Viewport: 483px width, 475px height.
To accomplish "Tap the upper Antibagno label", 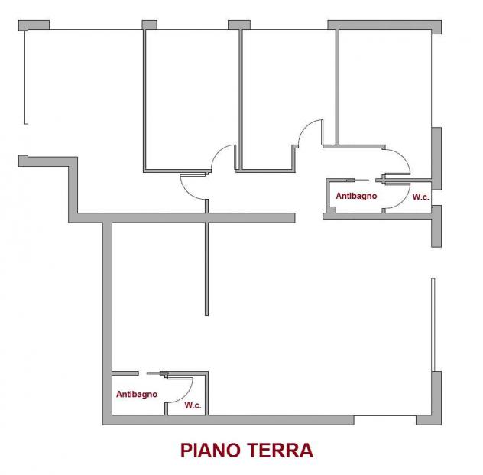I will point(356,196).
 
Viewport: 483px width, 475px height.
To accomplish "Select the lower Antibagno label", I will point(137,395).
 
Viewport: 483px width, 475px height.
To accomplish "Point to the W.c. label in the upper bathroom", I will point(420,197).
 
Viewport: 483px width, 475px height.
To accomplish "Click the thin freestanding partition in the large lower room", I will point(206,268).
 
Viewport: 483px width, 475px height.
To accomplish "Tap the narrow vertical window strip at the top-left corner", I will point(26,76).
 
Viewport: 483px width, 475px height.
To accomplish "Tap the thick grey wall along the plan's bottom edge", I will point(229,420).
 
